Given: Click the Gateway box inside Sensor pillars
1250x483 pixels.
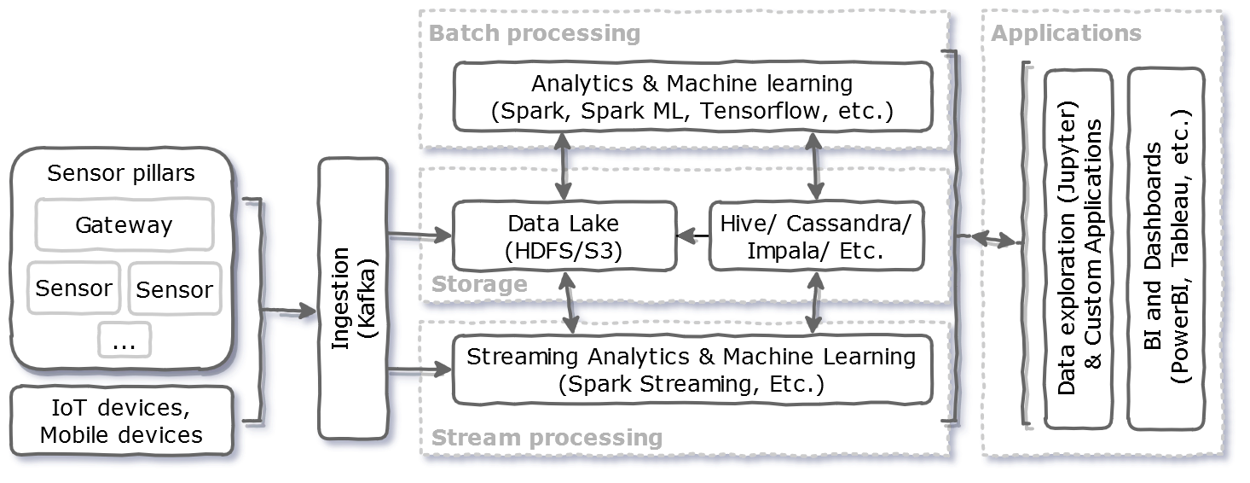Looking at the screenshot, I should [124, 225].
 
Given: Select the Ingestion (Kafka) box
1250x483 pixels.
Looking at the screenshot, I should [353, 299].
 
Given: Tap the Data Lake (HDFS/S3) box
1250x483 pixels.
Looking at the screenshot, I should [564, 236].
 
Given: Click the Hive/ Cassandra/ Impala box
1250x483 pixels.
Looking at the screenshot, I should [816, 236].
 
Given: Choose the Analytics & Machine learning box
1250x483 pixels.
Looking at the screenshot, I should [692, 97].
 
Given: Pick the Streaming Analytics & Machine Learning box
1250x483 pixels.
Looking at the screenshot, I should [692, 369].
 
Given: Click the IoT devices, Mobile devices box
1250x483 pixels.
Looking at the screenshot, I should [122, 421].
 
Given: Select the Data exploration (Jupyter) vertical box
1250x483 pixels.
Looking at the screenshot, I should [1079, 248].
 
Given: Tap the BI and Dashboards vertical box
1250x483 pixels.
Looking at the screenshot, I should [1166, 248].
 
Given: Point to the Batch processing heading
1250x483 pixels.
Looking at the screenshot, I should [535, 33].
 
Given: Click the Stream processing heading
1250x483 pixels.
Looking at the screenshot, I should [547, 438].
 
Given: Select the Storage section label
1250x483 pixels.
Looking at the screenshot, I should [479, 283].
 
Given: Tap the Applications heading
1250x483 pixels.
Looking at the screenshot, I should [1066, 33].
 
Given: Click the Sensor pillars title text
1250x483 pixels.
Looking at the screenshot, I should [121, 173].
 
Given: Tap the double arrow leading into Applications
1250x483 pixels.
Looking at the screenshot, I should [988, 240].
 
